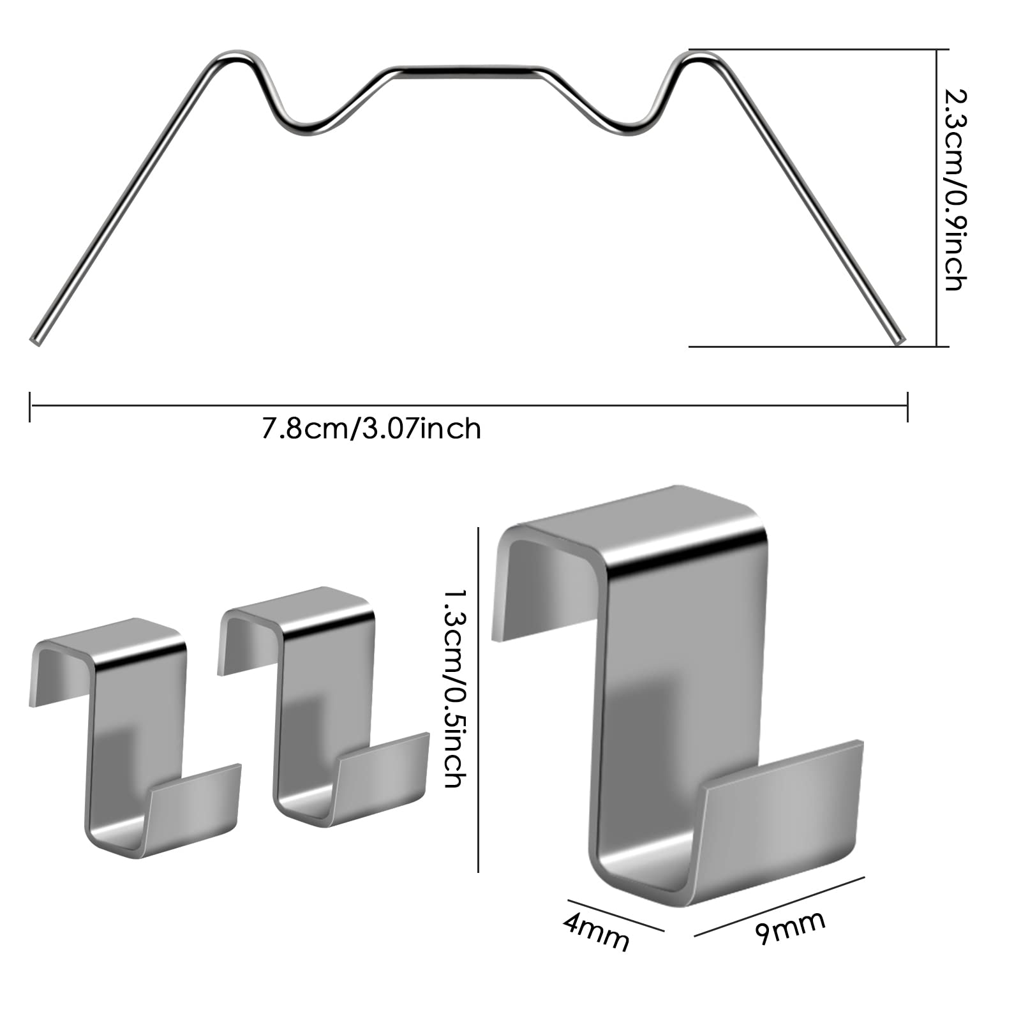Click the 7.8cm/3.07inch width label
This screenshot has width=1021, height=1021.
(371, 428)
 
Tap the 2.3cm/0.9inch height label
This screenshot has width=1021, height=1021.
(955, 190)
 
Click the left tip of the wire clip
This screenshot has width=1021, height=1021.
(34, 341)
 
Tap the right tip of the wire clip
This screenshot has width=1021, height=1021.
(900, 340)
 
